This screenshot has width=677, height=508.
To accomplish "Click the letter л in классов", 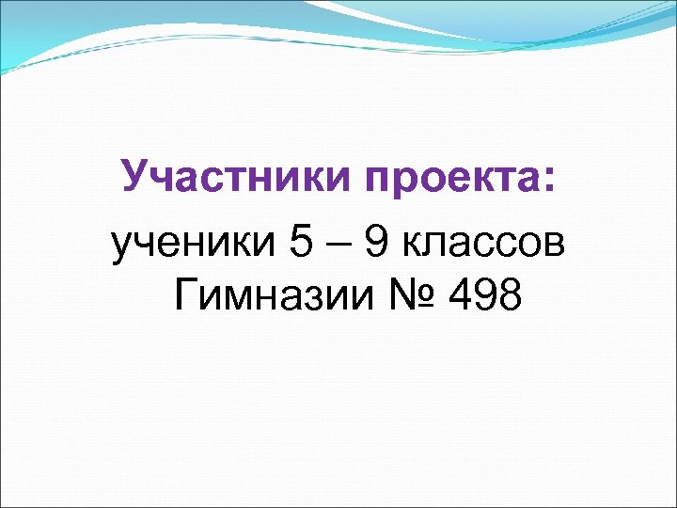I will pos(434,246).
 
